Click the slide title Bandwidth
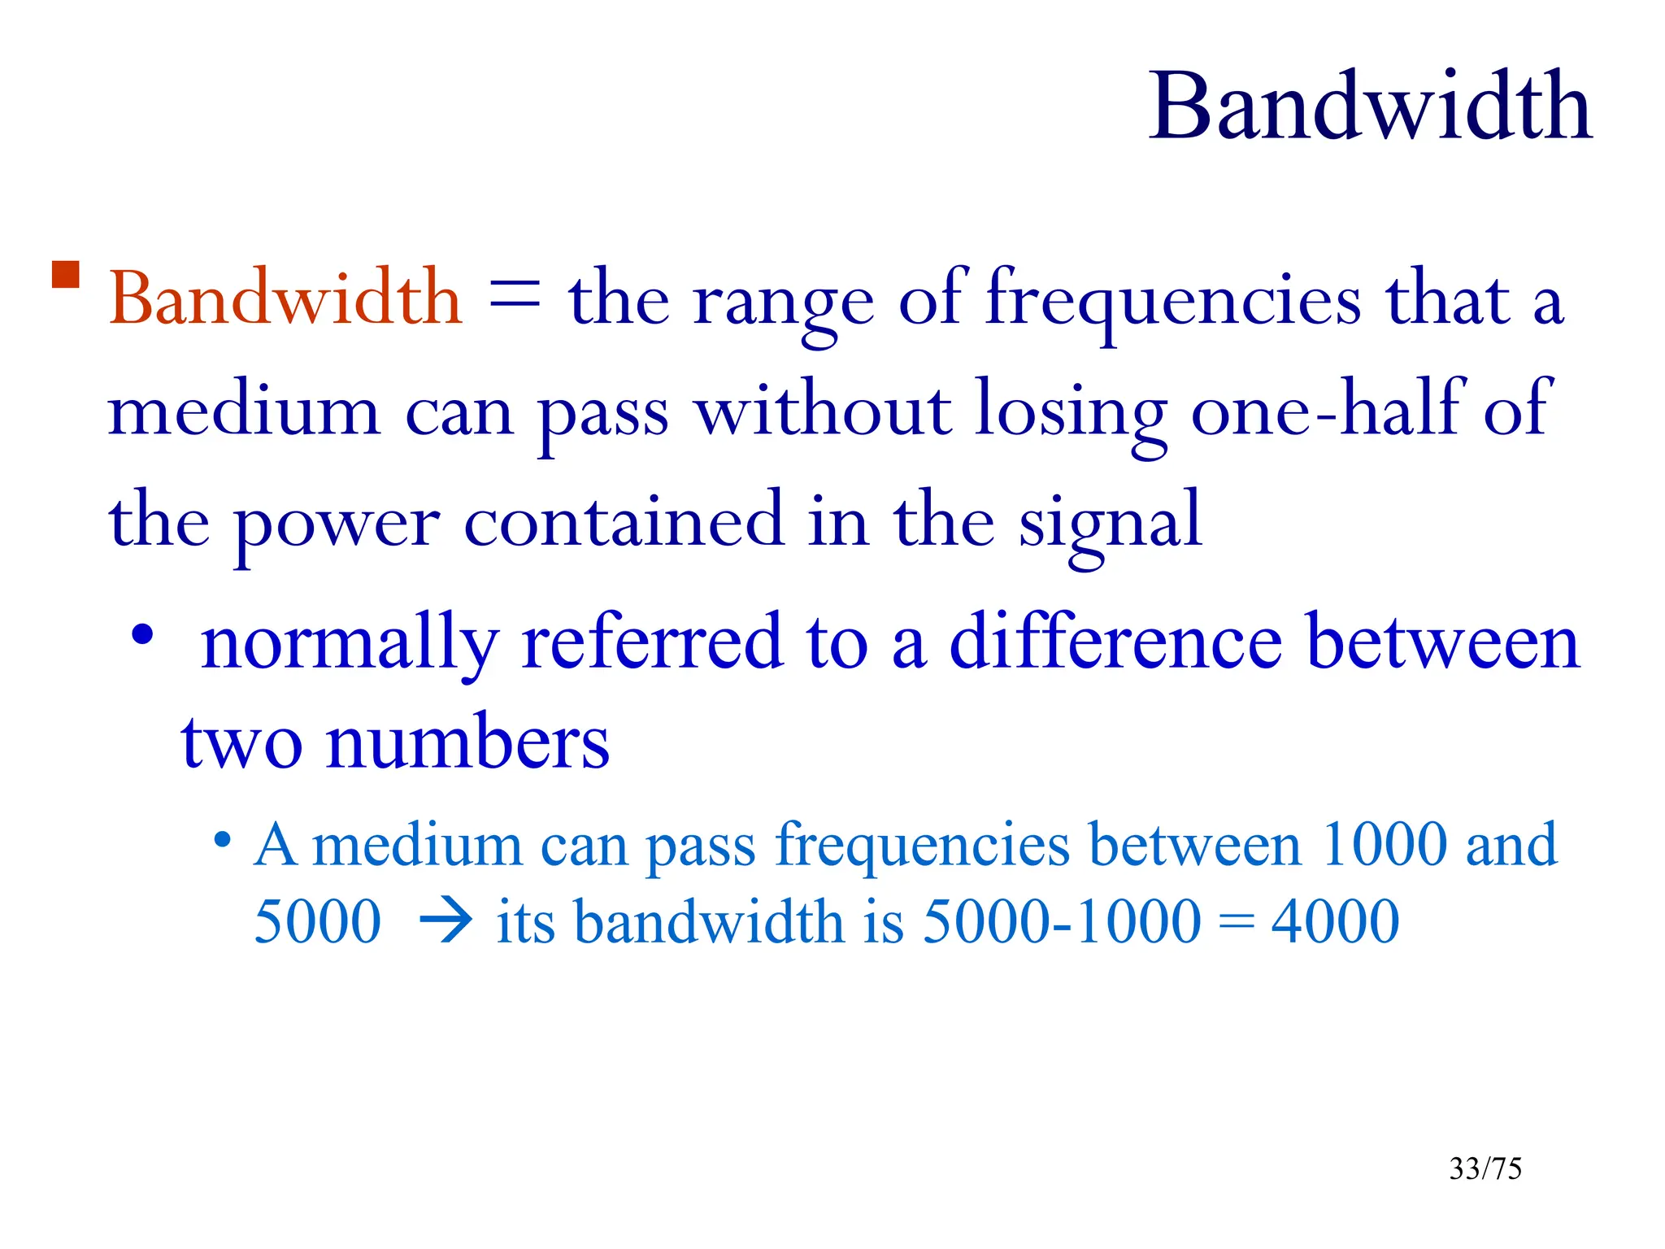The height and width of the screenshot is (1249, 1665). click(x=1370, y=107)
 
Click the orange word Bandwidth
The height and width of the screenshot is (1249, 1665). click(x=285, y=298)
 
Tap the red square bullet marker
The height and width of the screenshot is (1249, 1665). click(x=65, y=275)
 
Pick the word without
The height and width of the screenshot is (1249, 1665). click(x=823, y=411)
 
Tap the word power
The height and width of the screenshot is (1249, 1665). click(x=337, y=524)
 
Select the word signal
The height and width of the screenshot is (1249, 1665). click(x=1111, y=524)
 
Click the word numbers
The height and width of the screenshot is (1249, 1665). click(x=467, y=742)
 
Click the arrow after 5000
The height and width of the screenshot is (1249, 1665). click(x=445, y=923)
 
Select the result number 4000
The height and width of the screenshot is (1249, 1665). click(x=1335, y=923)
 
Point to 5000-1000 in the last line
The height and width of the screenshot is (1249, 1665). click(x=1062, y=923)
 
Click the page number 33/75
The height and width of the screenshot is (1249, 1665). click(x=1485, y=1168)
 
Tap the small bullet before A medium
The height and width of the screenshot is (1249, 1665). click(x=222, y=839)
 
